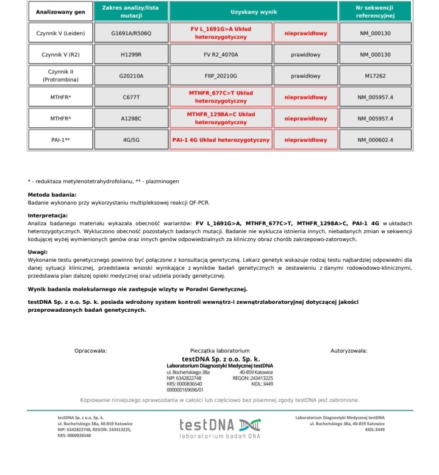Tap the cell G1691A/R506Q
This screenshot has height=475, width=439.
[131, 33]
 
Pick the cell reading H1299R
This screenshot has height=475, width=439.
[131, 55]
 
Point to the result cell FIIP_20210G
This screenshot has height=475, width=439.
[221, 76]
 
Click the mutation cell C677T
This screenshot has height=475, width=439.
[131, 97]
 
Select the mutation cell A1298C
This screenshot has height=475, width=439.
[131, 119]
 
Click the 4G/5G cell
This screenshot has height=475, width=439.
[131, 140]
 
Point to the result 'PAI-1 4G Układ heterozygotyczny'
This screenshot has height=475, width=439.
[221, 140]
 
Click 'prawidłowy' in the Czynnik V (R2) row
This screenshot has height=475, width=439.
[305, 55]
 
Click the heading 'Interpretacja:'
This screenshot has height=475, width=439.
[48, 216]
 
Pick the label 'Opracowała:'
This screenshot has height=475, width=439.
[90, 351]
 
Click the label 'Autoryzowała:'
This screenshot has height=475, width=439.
[349, 351]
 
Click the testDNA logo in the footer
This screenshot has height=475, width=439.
[220, 427]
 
